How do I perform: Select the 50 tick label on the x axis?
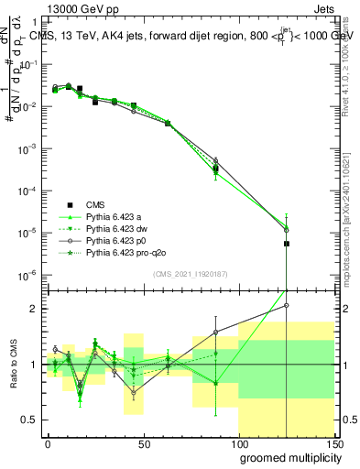point(143,443)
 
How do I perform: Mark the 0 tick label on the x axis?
point(48,443)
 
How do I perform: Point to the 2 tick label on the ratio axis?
point(35,309)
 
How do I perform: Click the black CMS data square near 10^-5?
point(287,244)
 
